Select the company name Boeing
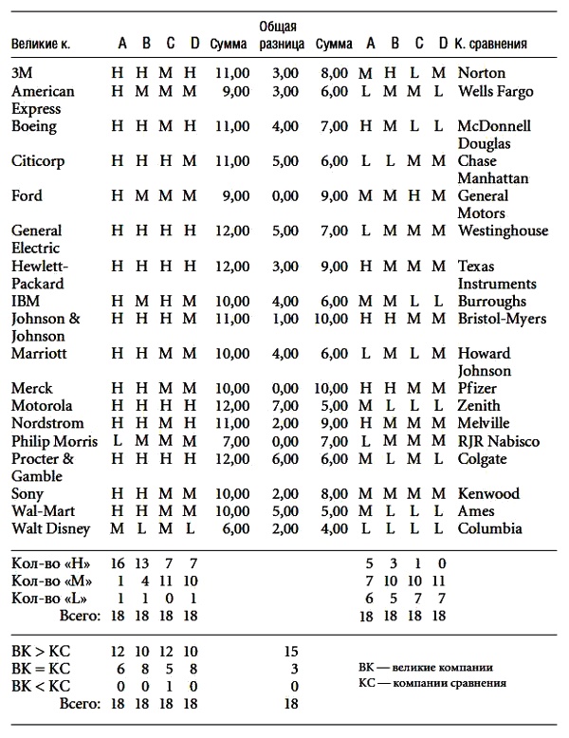[x=34, y=126]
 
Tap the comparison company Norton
[x=482, y=72]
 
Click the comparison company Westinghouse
[x=503, y=231]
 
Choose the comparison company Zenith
[x=479, y=406]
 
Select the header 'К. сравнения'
[x=490, y=44]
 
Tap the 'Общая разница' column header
[x=282, y=35]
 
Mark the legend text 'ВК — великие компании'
[x=425, y=667]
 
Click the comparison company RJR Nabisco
[x=498, y=441]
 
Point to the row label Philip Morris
[x=54, y=441]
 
